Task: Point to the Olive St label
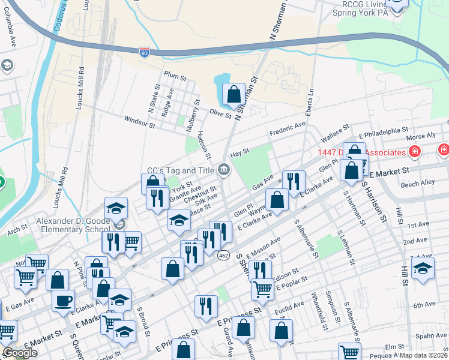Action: coord(220,112)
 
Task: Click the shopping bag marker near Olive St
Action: coord(233,94)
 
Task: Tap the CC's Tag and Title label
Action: coord(181,170)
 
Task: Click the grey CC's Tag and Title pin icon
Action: coord(223,170)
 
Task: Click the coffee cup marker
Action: coord(62,301)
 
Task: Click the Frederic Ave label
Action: coord(288,130)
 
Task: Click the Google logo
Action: coord(20,353)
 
